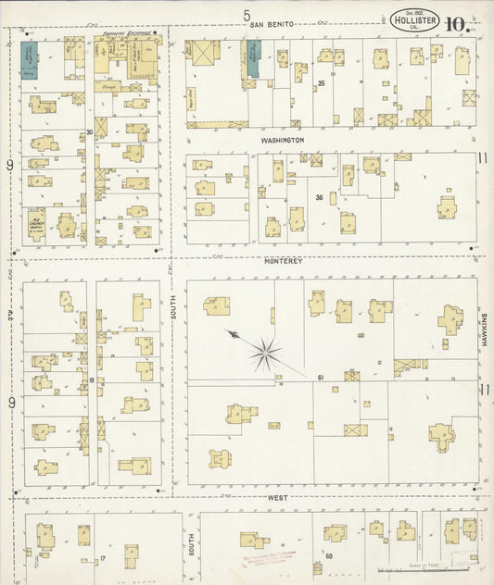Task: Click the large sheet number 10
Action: tap(454, 24)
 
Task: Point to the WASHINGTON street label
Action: tap(283, 140)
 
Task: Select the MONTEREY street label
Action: tap(285, 261)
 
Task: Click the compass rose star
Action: tap(266, 350)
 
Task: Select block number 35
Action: tap(321, 84)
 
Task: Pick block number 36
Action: tap(319, 197)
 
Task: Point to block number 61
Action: tap(319, 377)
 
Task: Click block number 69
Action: tap(328, 554)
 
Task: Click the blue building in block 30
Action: tap(28, 58)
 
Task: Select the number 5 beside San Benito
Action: tap(247, 15)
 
